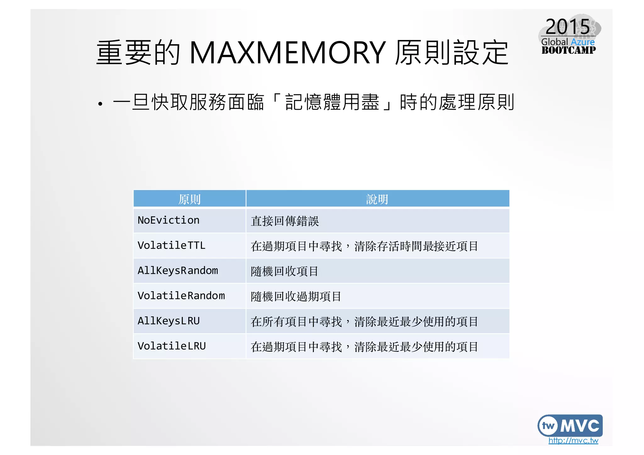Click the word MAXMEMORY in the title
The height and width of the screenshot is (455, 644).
pyautogui.click(x=287, y=53)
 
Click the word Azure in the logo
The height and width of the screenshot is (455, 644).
pyautogui.click(x=583, y=42)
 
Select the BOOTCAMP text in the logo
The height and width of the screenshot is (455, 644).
pyautogui.click(x=569, y=50)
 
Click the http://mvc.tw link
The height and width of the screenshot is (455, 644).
pyautogui.click(x=573, y=441)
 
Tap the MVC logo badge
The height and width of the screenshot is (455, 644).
pyautogui.click(x=570, y=425)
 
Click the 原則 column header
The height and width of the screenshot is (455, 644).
pyautogui.click(x=189, y=199)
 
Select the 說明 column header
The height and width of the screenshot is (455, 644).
pyautogui.click(x=377, y=199)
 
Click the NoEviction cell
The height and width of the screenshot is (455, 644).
pyautogui.click(x=169, y=220)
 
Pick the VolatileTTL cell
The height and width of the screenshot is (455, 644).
pyautogui.click(x=171, y=246)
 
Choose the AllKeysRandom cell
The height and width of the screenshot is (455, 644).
pyautogui.click(x=178, y=271)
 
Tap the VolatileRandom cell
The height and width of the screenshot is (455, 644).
pyautogui.click(x=181, y=296)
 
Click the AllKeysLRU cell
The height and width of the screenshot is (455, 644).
pyautogui.click(x=169, y=321)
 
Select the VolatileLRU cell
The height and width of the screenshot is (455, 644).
pyautogui.click(x=172, y=346)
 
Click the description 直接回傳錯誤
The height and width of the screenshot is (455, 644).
pyautogui.click(x=285, y=221)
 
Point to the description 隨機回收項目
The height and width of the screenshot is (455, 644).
pyautogui.click(x=285, y=271)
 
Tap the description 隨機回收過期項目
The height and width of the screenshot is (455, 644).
pyautogui.click(x=296, y=297)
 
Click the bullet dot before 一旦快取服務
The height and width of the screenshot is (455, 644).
pyautogui.click(x=100, y=104)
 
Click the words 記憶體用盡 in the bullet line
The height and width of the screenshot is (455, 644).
pyautogui.click(x=332, y=103)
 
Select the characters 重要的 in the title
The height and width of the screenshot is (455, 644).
pyautogui.click(x=138, y=53)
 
